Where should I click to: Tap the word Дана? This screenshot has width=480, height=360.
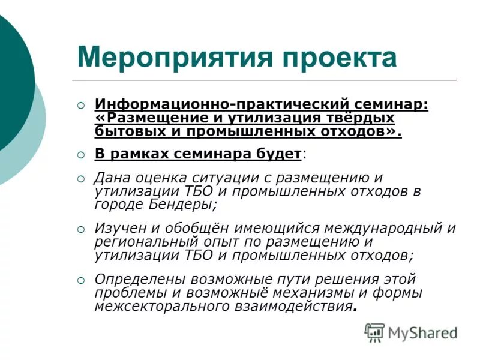pos(112,178)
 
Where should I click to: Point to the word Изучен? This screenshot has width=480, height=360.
pos(119,229)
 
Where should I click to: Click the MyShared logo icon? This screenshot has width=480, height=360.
pos(374,332)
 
